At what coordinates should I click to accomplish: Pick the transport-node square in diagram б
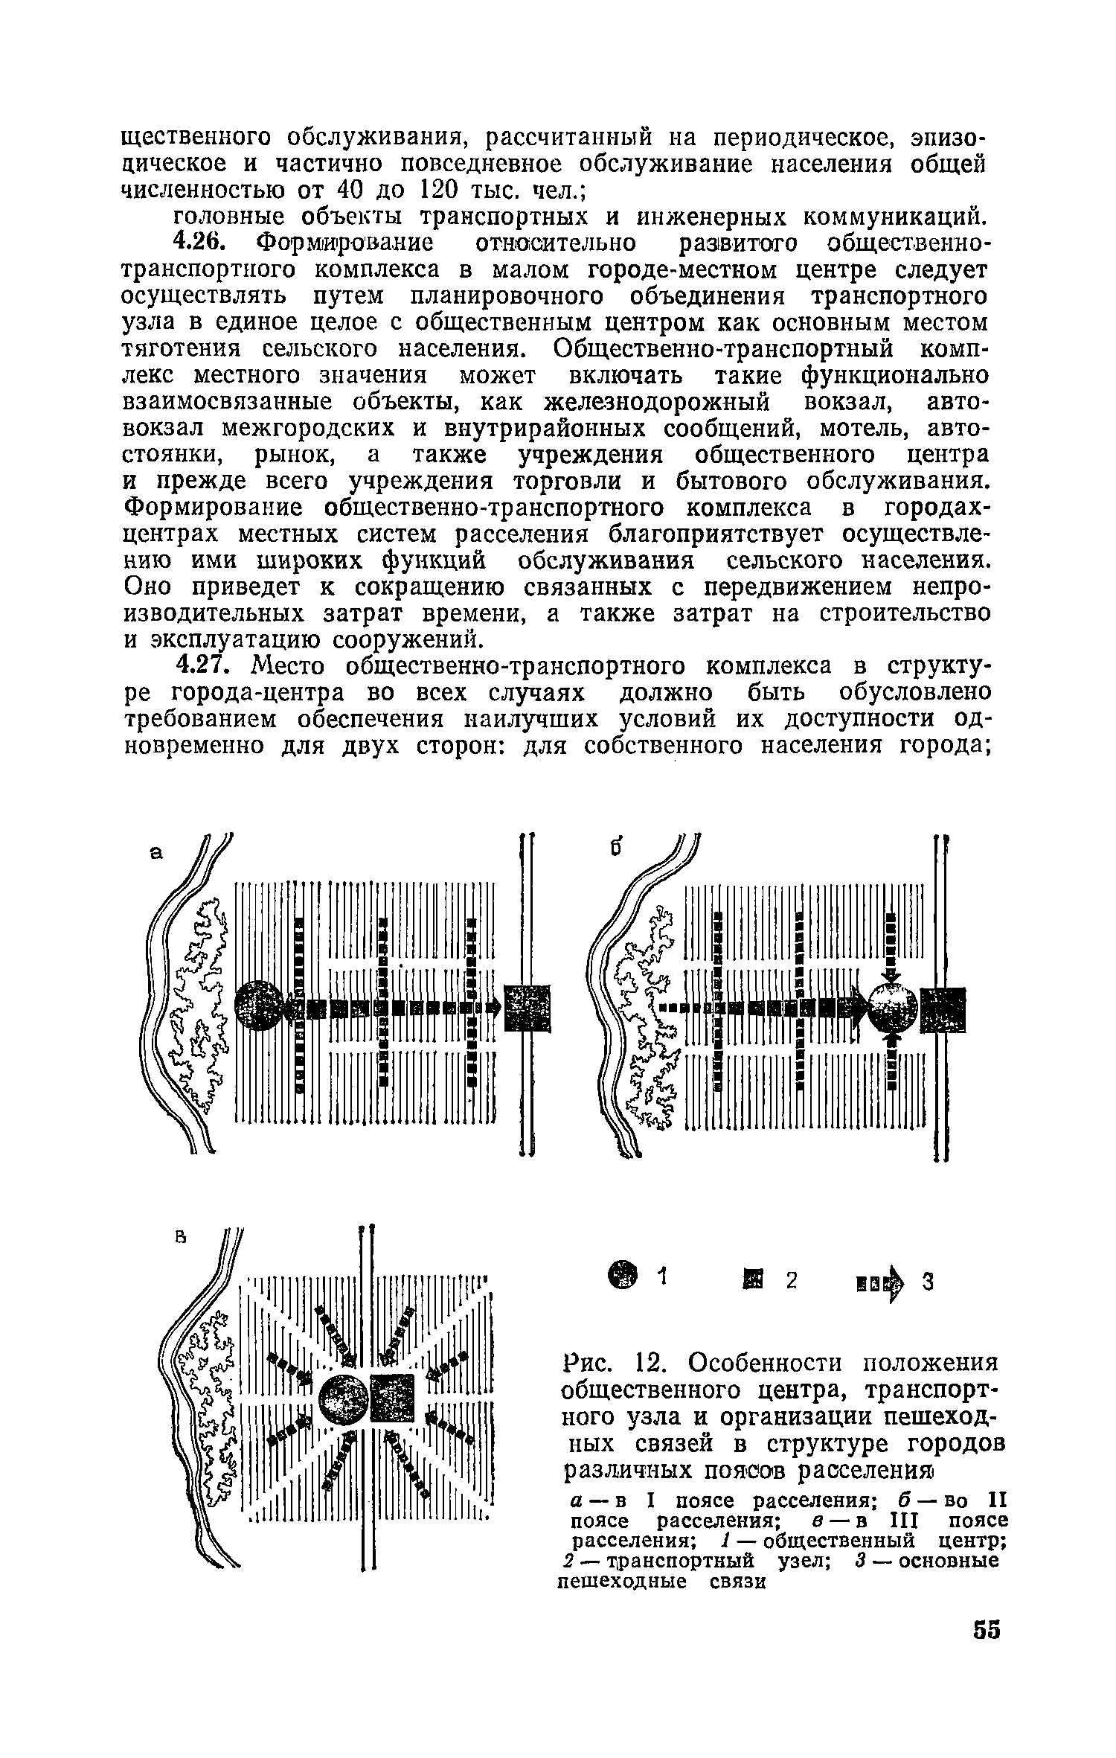tap(943, 1009)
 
